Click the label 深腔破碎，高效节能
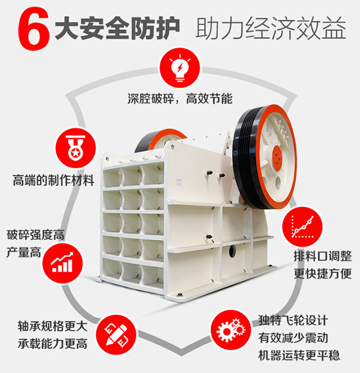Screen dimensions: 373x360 (x=180, y=98)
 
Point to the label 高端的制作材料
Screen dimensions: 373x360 (x=53, y=179)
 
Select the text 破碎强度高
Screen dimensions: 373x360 (x=35, y=234)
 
